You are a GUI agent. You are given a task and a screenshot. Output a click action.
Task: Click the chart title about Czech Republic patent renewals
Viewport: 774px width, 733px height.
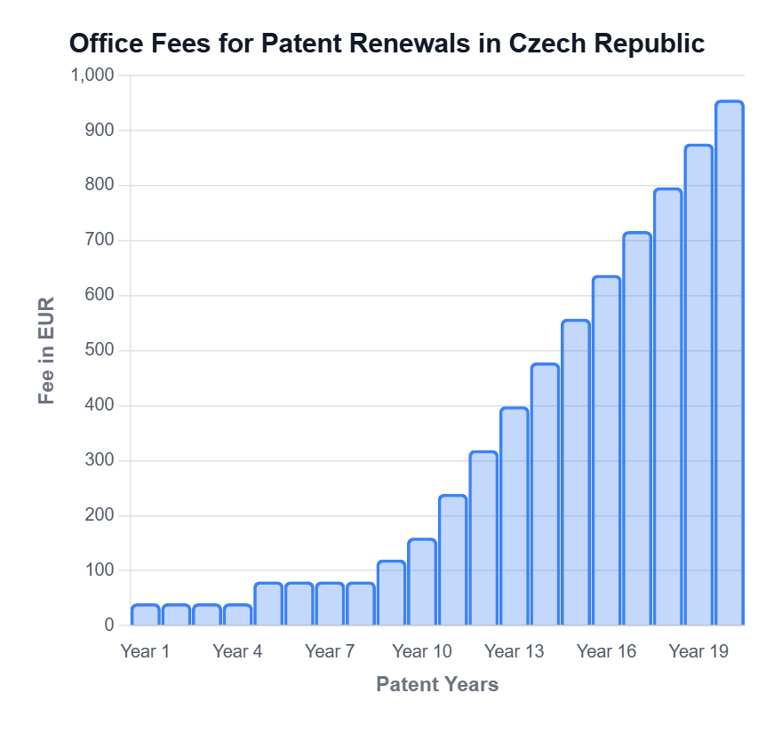coord(387,44)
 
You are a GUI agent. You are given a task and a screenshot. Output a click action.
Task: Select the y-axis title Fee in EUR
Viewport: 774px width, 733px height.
coord(47,350)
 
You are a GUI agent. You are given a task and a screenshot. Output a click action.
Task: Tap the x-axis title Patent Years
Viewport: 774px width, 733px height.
coord(436,684)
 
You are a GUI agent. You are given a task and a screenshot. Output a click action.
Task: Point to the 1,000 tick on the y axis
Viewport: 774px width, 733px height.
coord(92,76)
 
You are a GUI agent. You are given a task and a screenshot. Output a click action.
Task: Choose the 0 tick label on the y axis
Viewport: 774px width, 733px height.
coord(109,625)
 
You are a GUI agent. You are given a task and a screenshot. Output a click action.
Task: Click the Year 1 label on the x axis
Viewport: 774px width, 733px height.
coord(145,651)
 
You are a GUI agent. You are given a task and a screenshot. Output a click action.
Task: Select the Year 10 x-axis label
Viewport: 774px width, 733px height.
coord(421,651)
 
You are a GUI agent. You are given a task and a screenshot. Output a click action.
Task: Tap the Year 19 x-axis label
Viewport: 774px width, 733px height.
coord(698,651)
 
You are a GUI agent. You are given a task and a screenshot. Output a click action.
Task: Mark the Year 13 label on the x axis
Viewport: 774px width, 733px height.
coord(514,651)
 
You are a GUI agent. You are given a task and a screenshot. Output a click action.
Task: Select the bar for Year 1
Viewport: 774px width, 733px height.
coord(146,615)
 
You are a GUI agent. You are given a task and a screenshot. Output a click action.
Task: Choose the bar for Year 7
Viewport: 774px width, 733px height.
coord(330,604)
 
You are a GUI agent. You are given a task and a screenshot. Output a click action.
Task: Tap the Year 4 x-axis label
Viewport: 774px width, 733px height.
coord(237,651)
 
